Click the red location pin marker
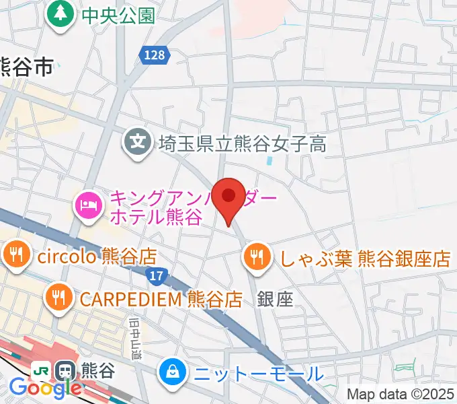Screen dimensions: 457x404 coord(230,199)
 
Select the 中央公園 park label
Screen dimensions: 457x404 coord(118,15)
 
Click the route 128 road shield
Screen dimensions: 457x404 coord(155,56)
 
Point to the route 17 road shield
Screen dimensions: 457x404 coord(157,275)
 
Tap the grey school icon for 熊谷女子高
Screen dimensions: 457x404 coord(137,142)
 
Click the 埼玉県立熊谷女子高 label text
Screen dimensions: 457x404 coord(243,143)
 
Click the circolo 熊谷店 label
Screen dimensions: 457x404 coord(97,256)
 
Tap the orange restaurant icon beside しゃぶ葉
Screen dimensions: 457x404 coord(256,257)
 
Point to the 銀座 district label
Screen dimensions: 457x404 coord(276,300)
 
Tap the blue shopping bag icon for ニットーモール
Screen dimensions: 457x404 coord(172,371)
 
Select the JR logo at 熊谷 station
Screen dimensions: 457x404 coord(41,370)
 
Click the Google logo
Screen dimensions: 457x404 coord(45,387)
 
